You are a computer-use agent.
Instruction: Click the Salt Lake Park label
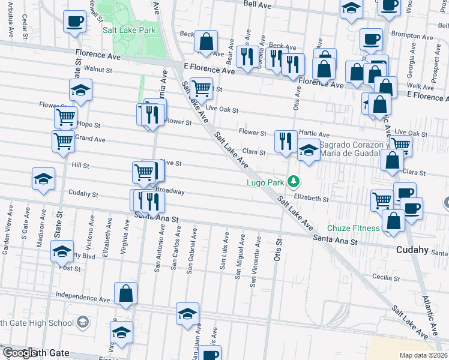[129, 30]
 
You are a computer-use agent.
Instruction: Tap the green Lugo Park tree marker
[293, 180]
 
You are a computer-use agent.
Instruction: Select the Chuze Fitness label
[353, 229]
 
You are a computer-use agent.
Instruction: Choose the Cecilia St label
[385, 278]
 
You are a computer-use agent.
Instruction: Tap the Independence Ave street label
[83, 296]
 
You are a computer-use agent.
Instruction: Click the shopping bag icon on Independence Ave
[126, 294]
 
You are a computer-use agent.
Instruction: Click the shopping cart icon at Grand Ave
[63, 142]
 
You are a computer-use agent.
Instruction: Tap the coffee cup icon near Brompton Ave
[371, 40]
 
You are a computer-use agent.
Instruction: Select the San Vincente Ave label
[256, 261]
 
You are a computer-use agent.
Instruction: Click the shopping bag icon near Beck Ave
[206, 42]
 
